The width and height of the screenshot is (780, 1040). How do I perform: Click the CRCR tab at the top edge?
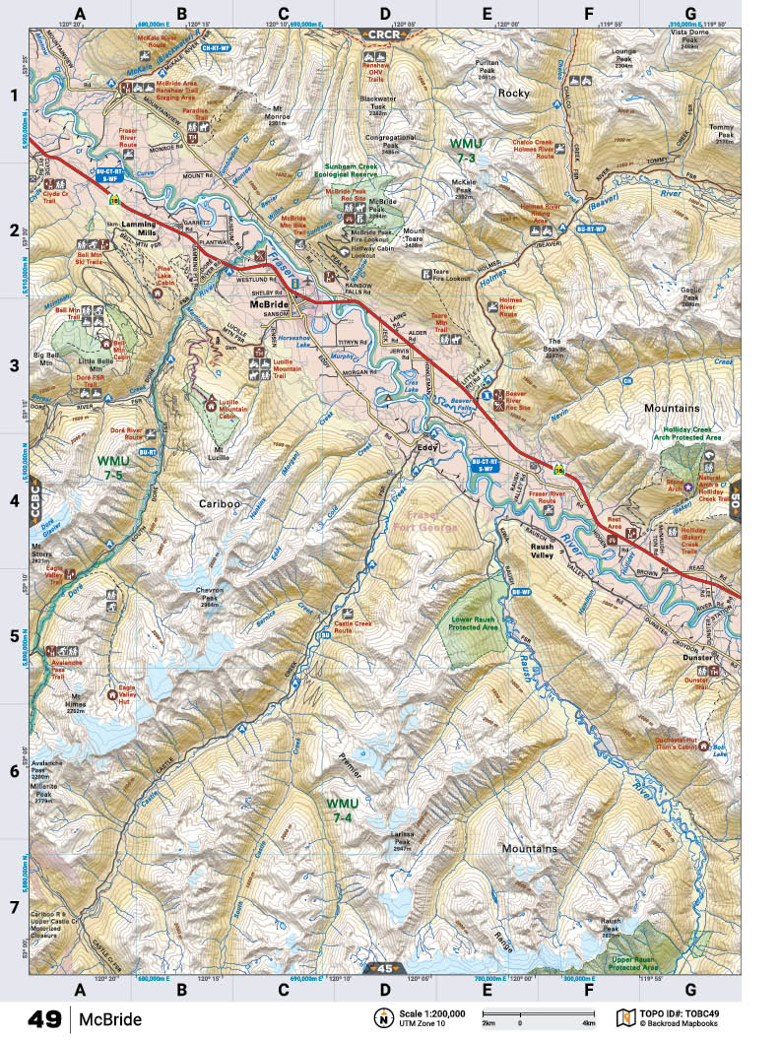coord(383,34)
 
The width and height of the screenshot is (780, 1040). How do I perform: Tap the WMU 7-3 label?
coord(464,150)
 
